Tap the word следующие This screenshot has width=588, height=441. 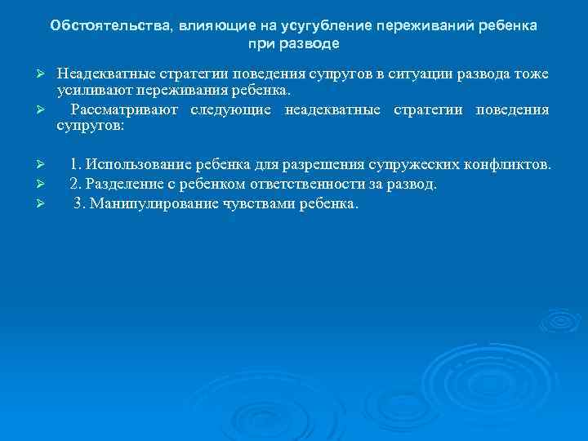235,109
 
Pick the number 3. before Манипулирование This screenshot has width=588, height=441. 79,203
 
